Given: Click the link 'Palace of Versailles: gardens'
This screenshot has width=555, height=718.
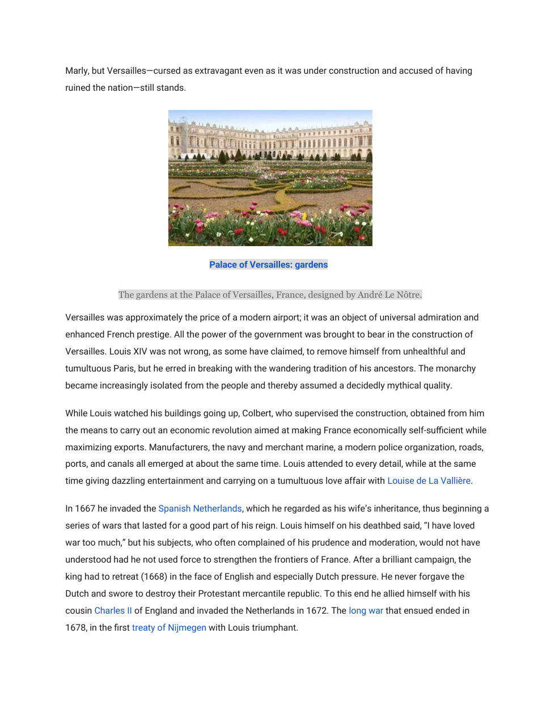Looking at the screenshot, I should click(268, 265).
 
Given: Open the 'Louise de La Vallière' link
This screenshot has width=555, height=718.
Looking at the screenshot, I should click(429, 481).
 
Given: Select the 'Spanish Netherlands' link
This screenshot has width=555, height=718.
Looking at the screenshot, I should click(200, 509).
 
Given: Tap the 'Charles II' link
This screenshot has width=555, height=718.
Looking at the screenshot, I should click(113, 611).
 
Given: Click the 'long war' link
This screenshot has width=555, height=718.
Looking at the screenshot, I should click(366, 611).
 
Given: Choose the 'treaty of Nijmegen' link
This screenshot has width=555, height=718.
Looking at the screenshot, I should click(169, 628).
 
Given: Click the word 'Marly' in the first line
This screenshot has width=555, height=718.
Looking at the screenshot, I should click(77, 71).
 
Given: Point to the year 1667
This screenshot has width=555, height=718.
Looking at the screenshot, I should click(85, 509).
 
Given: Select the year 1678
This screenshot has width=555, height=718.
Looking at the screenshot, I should click(76, 628).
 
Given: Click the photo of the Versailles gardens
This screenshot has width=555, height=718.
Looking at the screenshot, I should click(270, 178).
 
